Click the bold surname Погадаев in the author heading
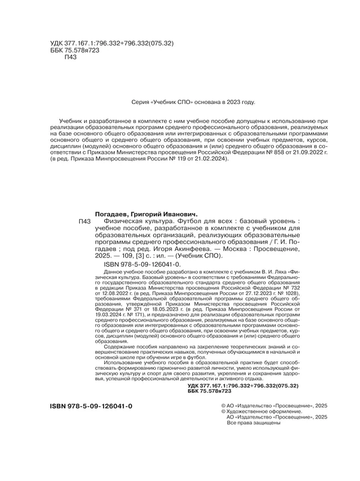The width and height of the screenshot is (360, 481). click(x=111, y=213)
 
